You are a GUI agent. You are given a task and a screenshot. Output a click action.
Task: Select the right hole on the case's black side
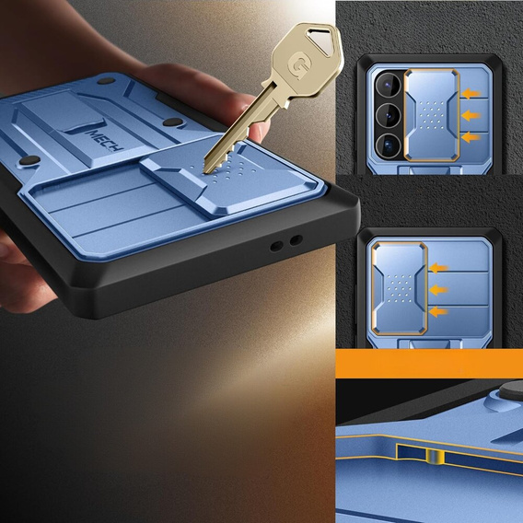point(296,240)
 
